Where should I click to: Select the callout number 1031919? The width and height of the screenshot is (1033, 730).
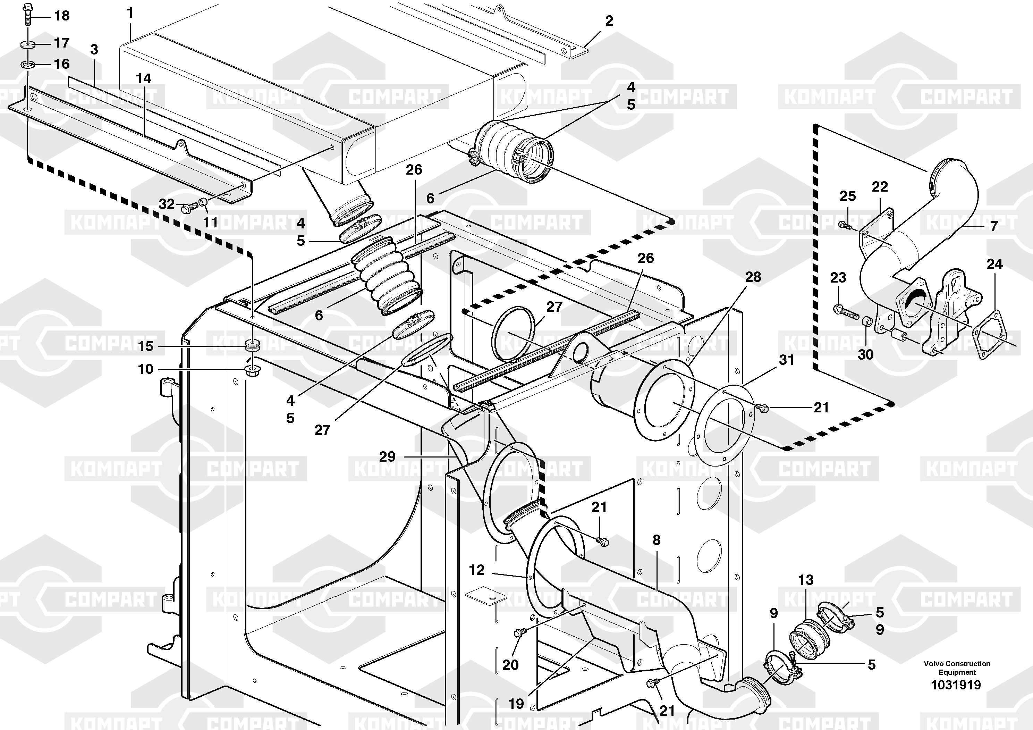pyautogui.click(x=956, y=685)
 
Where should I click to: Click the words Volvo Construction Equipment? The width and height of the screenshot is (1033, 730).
pyautogui.click(x=957, y=668)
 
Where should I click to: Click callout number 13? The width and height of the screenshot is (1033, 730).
pyautogui.click(x=806, y=580)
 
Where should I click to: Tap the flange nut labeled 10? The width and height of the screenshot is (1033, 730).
pyautogui.click(x=252, y=371)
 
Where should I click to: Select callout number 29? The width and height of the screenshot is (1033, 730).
pyautogui.click(x=387, y=457)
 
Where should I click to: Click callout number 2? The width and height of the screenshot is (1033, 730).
pyautogui.click(x=609, y=21)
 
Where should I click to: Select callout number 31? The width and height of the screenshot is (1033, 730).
pyautogui.click(x=786, y=360)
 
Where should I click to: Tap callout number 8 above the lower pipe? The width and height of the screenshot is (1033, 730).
pyautogui.click(x=657, y=540)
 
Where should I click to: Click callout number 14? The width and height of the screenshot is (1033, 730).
pyautogui.click(x=144, y=79)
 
